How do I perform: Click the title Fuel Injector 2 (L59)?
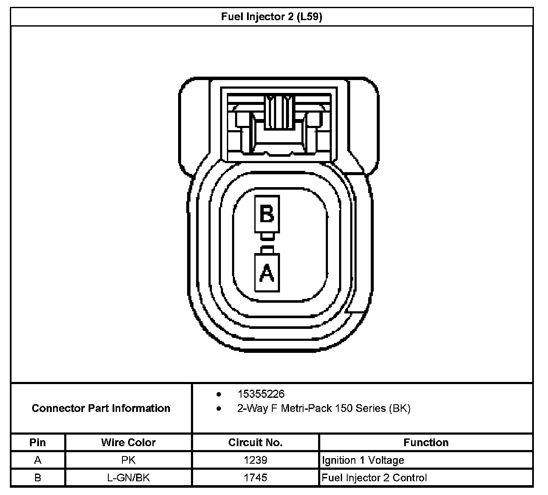point(271,17)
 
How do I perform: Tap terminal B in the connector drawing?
point(267,214)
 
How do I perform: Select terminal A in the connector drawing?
point(267,273)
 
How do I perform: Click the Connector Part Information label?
point(101,408)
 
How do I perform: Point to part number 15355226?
point(261,394)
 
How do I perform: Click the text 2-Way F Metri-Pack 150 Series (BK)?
point(324,408)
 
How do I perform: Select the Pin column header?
point(38,442)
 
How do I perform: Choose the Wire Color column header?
point(128,442)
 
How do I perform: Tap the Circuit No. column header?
point(256,442)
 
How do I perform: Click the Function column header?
point(426,442)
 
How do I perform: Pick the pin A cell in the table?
point(38,460)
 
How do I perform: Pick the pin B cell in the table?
point(38,478)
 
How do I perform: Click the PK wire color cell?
point(128,460)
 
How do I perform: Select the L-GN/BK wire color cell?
point(128,478)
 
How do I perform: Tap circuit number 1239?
point(256,460)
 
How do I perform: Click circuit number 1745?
point(256,478)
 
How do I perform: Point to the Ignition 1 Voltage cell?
point(363,460)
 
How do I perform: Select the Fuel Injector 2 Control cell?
point(374,478)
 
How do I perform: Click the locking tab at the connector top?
point(280,113)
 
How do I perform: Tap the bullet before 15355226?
point(219,394)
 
